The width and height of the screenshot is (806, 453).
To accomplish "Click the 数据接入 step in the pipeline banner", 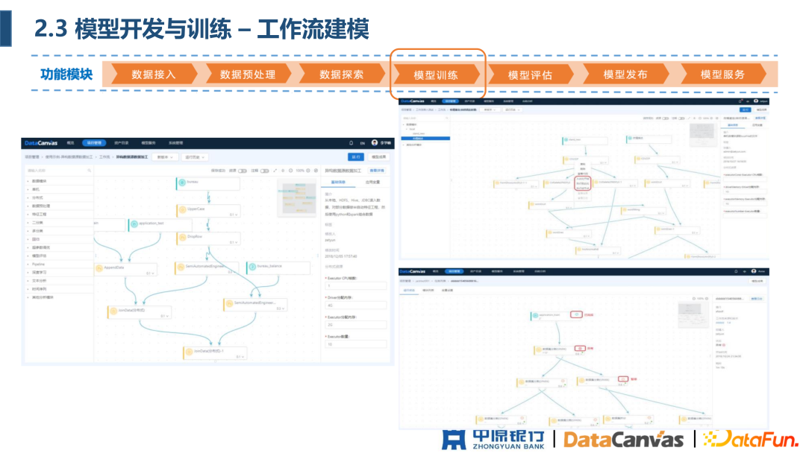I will pos(153,75).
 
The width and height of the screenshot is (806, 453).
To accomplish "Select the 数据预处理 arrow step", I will pos(247,75).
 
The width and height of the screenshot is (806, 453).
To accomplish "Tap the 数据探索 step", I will pos(341,75).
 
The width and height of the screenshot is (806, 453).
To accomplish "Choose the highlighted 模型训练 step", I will pos(436,75).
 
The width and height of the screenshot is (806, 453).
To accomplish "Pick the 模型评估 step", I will pos(530,75).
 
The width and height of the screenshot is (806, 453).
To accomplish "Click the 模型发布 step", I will pos(625,75).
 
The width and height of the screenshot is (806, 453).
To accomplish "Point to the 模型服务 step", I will pos(722,75).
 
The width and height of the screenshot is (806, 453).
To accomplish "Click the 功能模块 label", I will pos(66,75).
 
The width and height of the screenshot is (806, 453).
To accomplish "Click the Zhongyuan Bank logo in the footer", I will pos(493,439).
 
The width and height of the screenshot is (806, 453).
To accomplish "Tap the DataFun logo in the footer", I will pos(750,439).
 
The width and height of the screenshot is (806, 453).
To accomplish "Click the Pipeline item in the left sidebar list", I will pos(40,263).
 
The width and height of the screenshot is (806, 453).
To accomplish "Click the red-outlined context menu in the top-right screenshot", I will pos(584,183).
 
